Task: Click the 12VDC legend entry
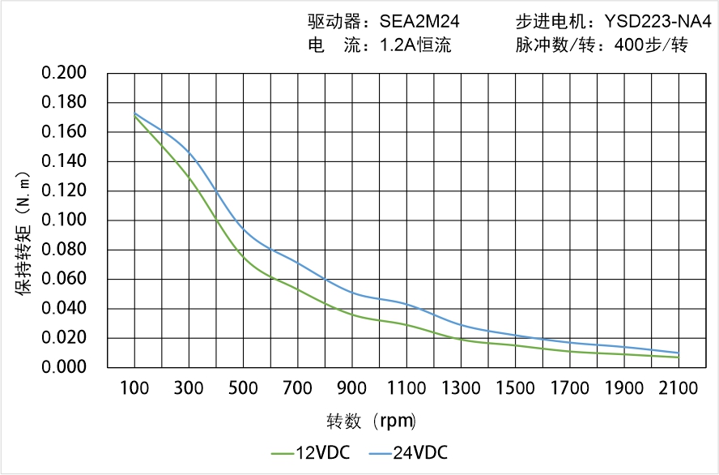click(312, 452)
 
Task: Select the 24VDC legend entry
click(408, 452)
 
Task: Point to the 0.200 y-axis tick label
click(64, 73)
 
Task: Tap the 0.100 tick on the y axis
click(64, 220)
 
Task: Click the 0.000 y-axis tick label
click(64, 367)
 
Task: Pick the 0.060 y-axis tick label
click(64, 279)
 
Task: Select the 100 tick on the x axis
click(134, 388)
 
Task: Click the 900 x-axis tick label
click(352, 388)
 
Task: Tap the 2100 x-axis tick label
click(679, 388)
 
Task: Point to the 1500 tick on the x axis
click(515, 388)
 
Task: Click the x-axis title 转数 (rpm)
click(371, 422)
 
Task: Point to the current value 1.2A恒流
click(415, 45)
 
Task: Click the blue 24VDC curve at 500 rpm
click(244, 230)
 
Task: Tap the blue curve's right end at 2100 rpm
click(679, 353)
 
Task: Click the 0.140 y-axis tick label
click(64, 161)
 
